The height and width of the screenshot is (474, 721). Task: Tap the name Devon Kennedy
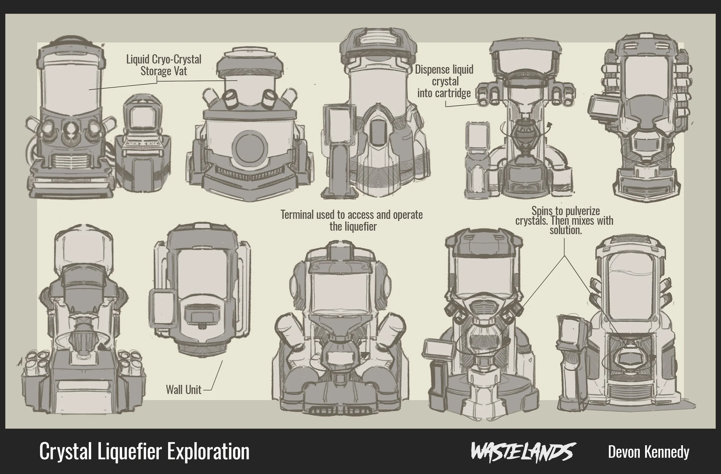pyautogui.click(x=649, y=452)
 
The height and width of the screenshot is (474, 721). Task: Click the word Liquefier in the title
pyautogui.click(x=130, y=451)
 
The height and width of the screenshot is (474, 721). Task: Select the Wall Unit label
pyautogui.click(x=184, y=390)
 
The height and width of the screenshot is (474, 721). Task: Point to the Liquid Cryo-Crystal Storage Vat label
pyautogui.click(x=164, y=65)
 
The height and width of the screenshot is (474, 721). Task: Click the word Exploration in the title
pyautogui.click(x=208, y=451)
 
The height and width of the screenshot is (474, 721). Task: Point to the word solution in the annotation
pyautogui.click(x=565, y=230)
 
